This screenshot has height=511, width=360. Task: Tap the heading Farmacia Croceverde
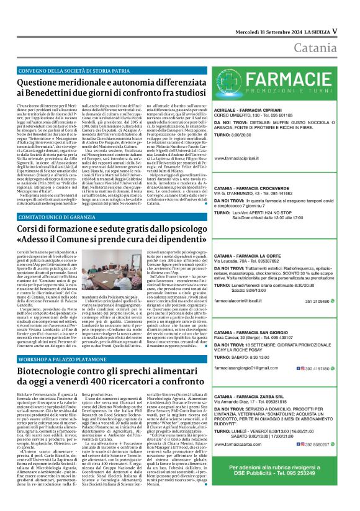(253, 188)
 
